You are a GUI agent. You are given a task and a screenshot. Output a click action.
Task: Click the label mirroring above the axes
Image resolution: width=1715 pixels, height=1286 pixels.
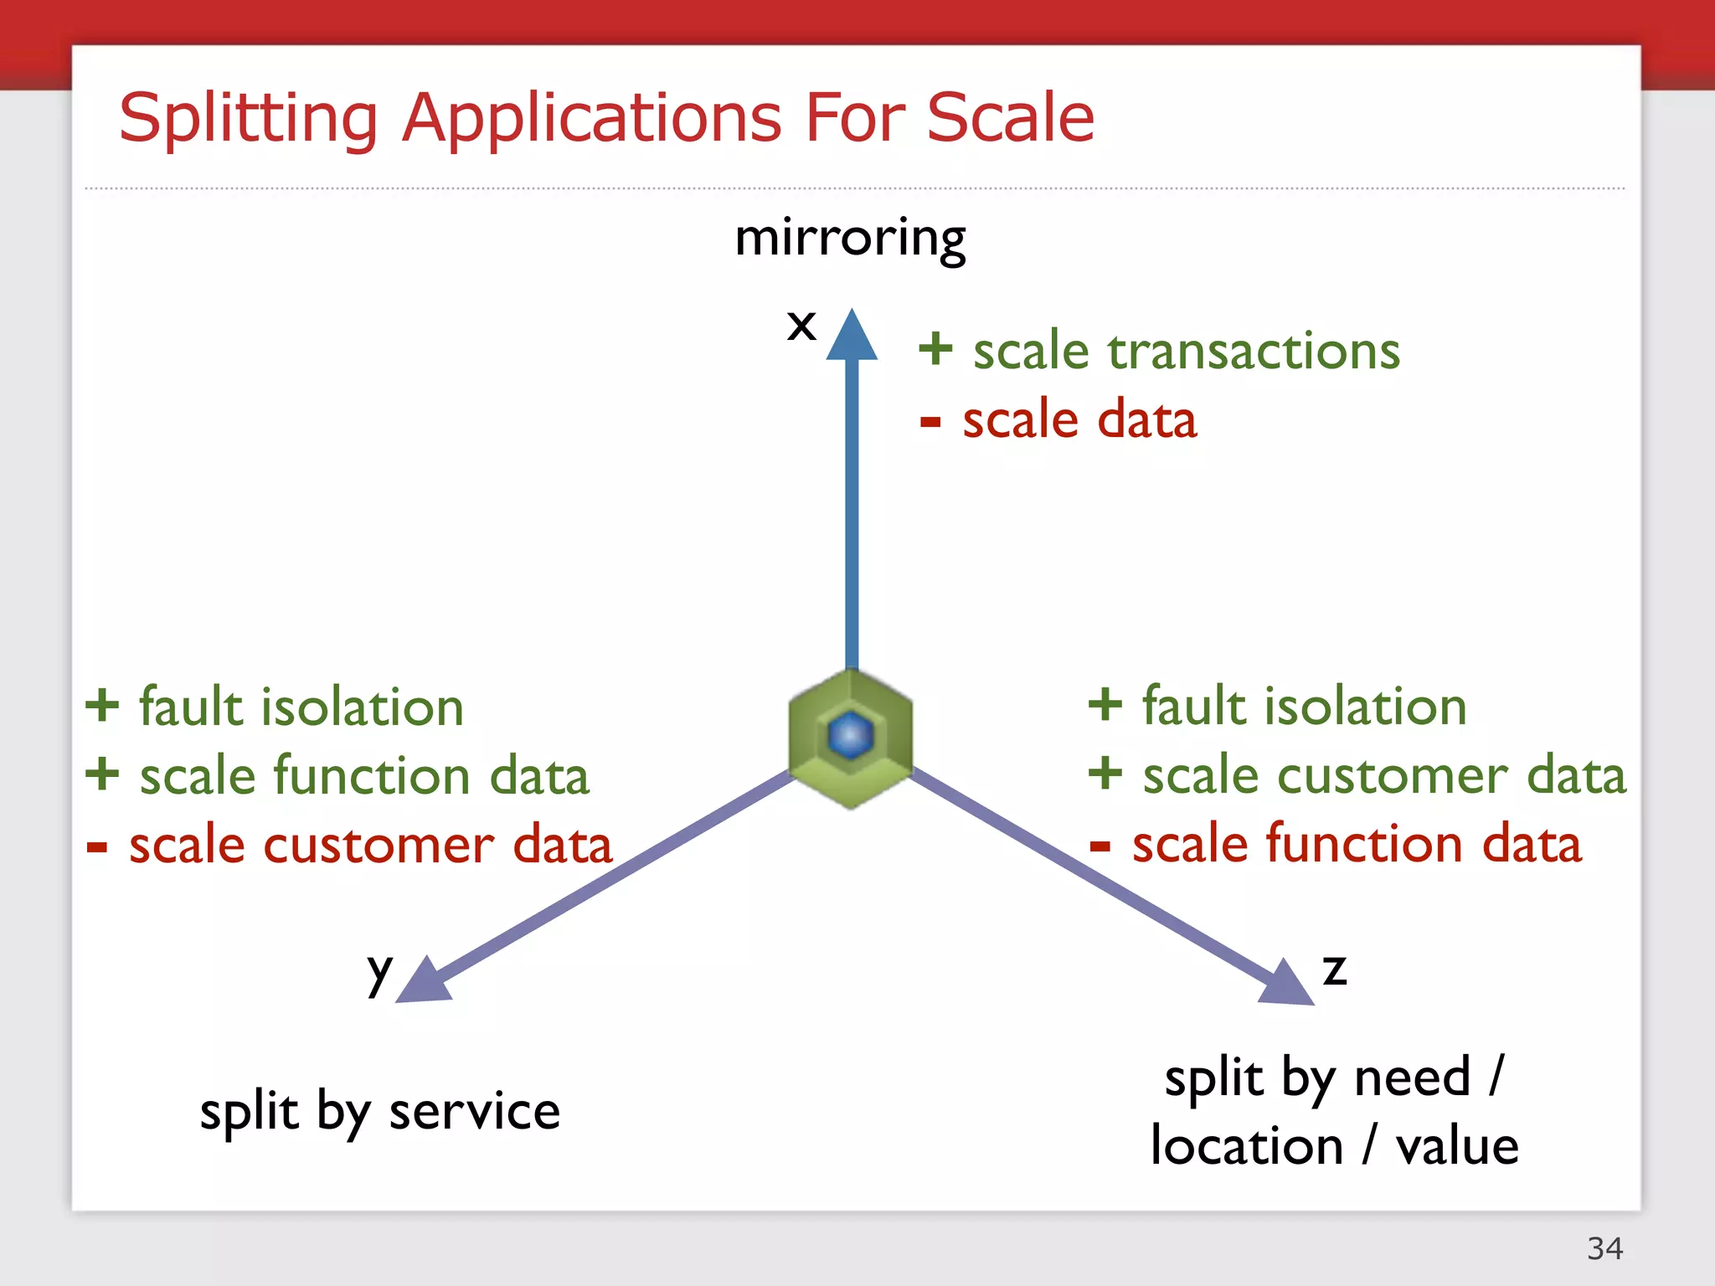[850, 238]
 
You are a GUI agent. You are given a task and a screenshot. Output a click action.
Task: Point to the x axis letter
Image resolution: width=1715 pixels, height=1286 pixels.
[801, 325]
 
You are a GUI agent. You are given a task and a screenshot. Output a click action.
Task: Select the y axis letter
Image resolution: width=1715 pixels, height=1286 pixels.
[379, 971]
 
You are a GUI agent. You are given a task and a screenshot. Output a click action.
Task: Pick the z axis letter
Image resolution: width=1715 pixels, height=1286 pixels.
[1334, 970]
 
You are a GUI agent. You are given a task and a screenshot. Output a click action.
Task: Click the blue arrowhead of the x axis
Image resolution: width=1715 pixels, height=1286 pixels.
[852, 337]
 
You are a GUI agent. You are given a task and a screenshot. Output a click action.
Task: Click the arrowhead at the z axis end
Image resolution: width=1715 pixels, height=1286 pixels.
[1285, 983]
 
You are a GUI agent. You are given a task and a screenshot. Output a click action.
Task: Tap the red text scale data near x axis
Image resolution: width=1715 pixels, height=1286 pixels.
[1079, 419]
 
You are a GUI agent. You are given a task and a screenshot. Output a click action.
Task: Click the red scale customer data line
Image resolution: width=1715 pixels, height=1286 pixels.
[370, 845]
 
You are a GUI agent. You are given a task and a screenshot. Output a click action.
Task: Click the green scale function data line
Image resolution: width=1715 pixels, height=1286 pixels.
[364, 775]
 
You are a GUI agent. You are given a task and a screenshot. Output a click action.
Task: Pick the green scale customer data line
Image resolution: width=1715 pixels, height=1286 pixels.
[1383, 774]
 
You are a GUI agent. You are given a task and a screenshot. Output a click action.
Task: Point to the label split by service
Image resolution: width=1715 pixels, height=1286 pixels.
[379, 1112]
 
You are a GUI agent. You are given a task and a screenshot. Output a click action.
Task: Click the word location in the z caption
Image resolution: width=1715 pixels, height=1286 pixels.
[1246, 1146]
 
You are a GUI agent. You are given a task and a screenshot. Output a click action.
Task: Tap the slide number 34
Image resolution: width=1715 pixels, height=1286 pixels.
[1604, 1248]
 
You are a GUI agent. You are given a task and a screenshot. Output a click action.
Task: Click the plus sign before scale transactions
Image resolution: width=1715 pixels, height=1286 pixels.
[935, 349]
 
